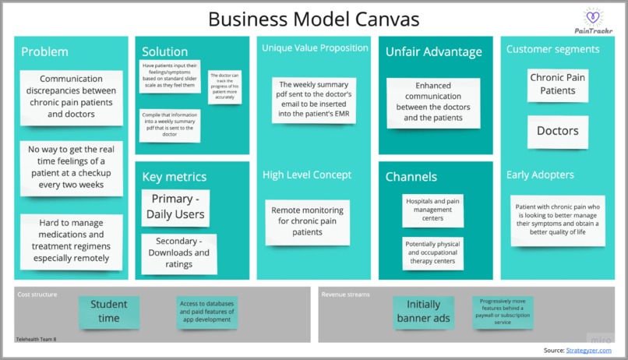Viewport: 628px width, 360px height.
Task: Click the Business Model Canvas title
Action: coord(314,18)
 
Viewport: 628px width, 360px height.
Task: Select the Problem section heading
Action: coord(44,52)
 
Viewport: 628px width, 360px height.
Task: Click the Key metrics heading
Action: coord(174,177)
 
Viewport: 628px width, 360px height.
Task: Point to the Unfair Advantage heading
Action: coord(433,52)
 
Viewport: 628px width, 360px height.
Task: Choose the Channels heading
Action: coord(411,177)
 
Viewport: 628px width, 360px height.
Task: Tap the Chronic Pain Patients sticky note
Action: coord(558,84)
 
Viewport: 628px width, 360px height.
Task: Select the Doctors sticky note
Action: coord(557,131)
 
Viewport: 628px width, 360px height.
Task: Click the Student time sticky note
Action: coord(109,311)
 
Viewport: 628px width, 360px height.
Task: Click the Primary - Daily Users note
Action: coord(178,206)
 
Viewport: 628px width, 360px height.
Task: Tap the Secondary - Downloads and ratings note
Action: coord(178,253)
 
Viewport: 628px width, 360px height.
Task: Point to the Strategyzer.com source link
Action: coord(590,351)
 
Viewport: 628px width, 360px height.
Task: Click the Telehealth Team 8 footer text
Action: coord(36,339)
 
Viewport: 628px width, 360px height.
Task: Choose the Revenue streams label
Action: coord(345,295)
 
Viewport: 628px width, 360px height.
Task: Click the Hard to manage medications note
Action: coord(69,240)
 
